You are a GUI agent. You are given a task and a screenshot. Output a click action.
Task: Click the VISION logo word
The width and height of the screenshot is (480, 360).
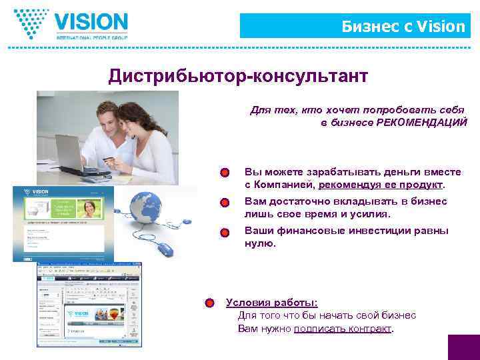coord(91,22)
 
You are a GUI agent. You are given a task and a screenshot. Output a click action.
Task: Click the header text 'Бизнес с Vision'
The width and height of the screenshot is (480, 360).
coord(403,26)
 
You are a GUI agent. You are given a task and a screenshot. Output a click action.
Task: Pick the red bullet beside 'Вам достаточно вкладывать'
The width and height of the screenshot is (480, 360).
coord(225,202)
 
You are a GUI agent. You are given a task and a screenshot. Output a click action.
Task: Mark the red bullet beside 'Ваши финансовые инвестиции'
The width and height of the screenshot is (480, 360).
coord(225,232)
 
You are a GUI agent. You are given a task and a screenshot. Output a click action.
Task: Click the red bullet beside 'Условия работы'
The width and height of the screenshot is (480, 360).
coord(209,303)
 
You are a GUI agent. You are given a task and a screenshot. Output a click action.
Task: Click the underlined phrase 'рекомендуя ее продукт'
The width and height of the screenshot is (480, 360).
coord(381,185)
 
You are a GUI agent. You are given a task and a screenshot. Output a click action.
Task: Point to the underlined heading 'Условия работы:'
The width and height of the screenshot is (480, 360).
coord(271,302)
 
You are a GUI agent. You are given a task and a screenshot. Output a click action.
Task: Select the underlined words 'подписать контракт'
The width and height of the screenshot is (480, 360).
coord(342,329)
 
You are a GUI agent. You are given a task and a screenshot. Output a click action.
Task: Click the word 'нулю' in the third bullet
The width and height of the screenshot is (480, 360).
coord(259,243)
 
